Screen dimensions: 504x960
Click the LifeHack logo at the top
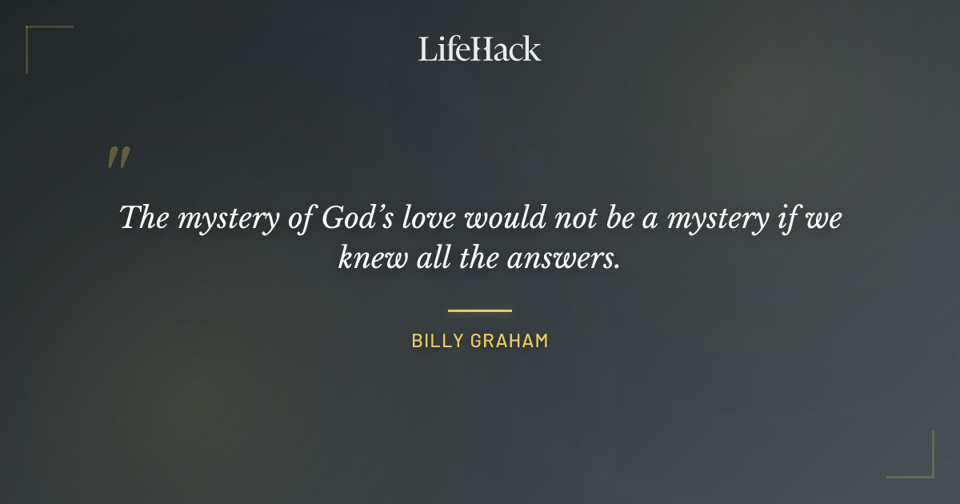click(x=480, y=49)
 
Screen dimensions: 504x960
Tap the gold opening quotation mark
click(x=118, y=158)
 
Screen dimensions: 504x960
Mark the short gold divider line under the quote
click(x=480, y=310)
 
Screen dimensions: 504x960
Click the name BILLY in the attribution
click(x=438, y=341)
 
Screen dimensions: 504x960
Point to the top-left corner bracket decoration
click(x=36, y=36)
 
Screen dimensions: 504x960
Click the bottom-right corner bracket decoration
click(x=923, y=468)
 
